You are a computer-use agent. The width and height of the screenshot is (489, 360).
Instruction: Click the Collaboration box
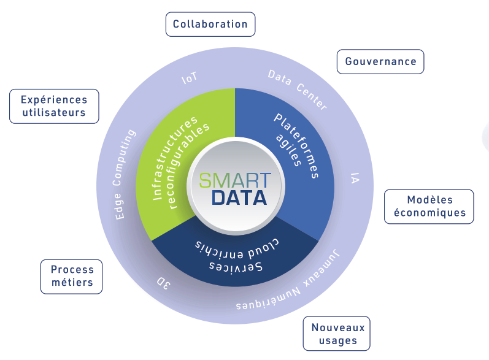point(210,25)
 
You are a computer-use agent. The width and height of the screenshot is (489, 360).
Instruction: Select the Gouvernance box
point(380,62)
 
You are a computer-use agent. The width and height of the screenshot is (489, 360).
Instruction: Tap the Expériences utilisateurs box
point(54,106)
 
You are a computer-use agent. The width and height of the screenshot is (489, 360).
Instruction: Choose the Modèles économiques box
point(429,206)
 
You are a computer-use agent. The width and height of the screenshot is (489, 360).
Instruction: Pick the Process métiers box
point(71,277)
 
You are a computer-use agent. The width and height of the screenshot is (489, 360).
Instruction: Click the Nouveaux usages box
point(337,334)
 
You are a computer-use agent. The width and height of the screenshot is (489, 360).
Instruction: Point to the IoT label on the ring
point(190,78)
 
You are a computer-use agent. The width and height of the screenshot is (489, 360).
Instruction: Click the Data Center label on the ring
point(298,90)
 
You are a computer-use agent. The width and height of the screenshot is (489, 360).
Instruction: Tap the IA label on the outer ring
point(355,178)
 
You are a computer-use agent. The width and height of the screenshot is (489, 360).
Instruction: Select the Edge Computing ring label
point(124,175)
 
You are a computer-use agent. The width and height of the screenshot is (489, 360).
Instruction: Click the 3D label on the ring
point(163,283)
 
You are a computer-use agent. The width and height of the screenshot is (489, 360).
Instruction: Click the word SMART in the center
point(235,181)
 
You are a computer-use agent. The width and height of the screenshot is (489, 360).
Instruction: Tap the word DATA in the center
point(239,198)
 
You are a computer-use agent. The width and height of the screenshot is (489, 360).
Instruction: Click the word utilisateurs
point(54,112)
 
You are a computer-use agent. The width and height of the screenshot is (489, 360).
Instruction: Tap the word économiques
point(429,213)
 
